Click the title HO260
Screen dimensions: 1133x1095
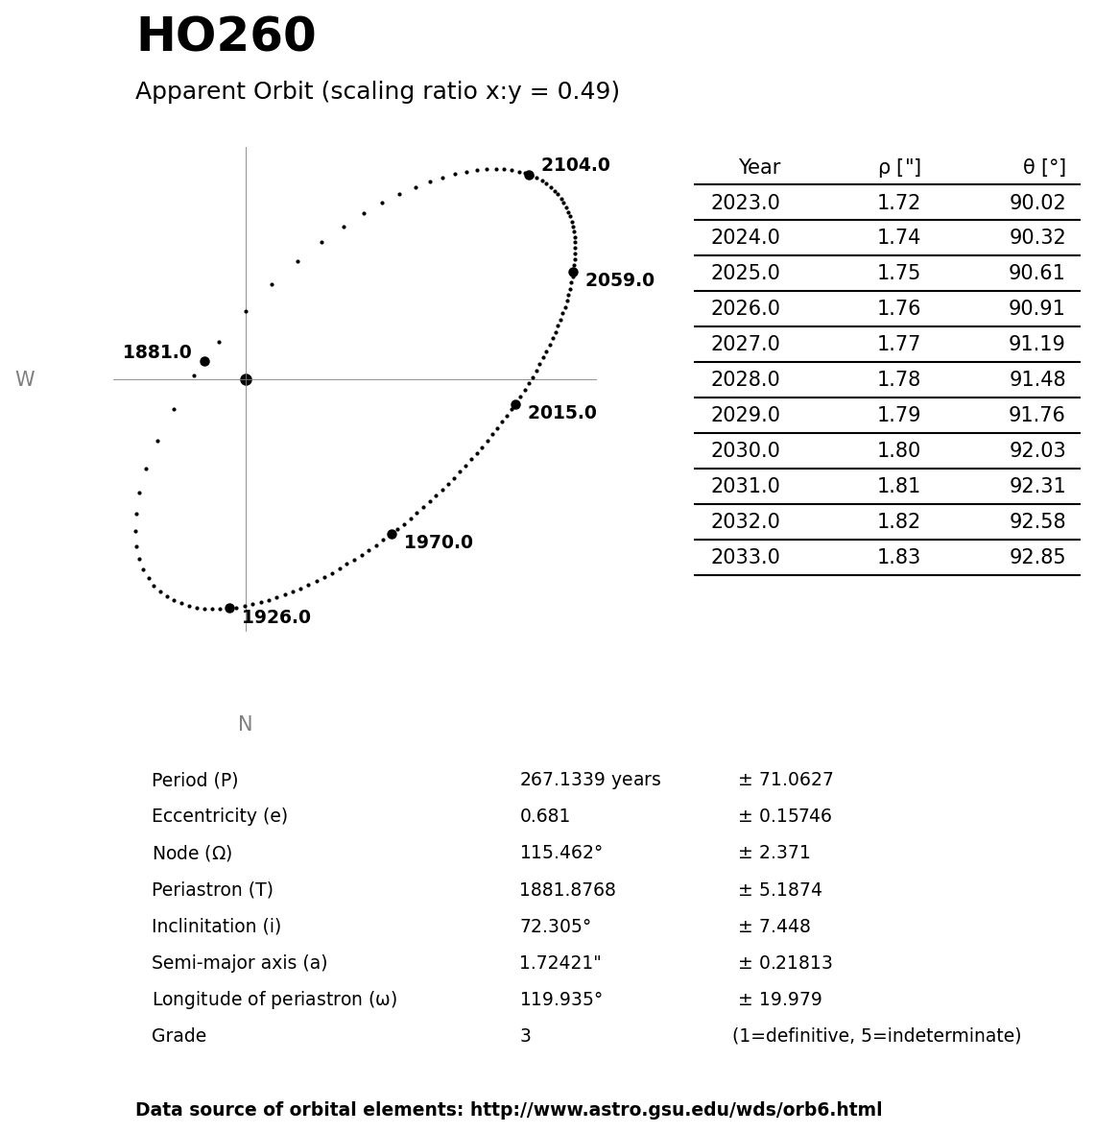(226, 37)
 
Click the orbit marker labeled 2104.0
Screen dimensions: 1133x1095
(529, 175)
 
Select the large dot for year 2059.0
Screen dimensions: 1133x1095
(573, 273)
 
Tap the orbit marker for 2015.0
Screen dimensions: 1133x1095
(515, 404)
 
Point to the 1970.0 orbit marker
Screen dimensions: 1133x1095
(392, 534)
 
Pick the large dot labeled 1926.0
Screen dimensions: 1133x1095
(229, 608)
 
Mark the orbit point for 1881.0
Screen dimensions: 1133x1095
(204, 361)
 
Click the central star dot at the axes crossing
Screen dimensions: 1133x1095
(246, 379)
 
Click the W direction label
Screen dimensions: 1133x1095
(25, 380)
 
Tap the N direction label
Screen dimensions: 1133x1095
(245, 725)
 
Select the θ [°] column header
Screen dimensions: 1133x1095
(1043, 168)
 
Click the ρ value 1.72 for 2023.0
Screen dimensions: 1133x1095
(898, 204)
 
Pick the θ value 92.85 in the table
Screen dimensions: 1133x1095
(1036, 558)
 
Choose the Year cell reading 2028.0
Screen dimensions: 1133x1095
(745, 380)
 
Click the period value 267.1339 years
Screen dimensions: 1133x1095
(589, 781)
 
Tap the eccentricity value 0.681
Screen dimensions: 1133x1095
(544, 817)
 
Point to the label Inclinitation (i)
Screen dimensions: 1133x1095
(216, 928)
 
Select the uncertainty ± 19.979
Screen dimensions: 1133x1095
(779, 1000)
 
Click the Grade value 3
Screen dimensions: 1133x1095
(525, 1037)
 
